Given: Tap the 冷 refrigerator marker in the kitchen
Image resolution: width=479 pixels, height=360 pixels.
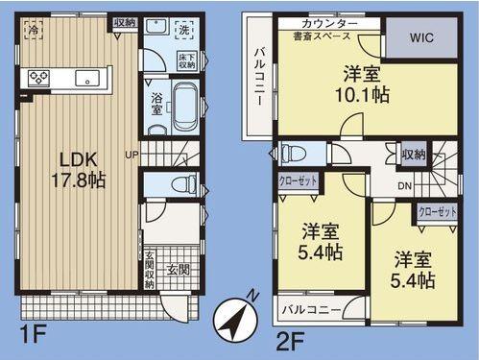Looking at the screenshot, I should pyautogui.click(x=34, y=30).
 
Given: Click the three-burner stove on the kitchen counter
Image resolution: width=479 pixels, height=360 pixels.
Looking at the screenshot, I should pyautogui.click(x=39, y=78).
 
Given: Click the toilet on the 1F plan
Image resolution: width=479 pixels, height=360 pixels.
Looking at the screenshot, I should pyautogui.click(x=180, y=184).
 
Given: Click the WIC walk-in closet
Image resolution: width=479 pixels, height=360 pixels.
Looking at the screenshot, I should pyautogui.click(x=419, y=39).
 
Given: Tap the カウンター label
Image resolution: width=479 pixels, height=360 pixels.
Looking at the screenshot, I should pyautogui.click(x=329, y=22).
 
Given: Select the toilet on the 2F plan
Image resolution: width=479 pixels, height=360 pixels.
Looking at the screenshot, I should pyautogui.click(x=295, y=153).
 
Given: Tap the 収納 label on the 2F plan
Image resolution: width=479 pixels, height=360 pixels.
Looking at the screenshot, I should pyautogui.click(x=413, y=154).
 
